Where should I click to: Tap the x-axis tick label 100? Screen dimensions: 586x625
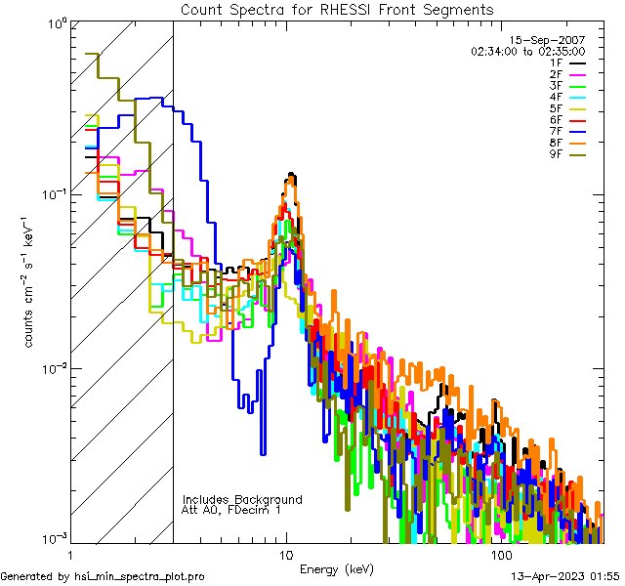coord(501,555)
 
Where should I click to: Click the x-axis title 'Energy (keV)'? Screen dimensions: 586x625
coord(336,568)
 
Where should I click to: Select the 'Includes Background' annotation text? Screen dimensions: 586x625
coord(242,499)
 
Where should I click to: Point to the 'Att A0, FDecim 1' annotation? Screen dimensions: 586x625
coord(231,510)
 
